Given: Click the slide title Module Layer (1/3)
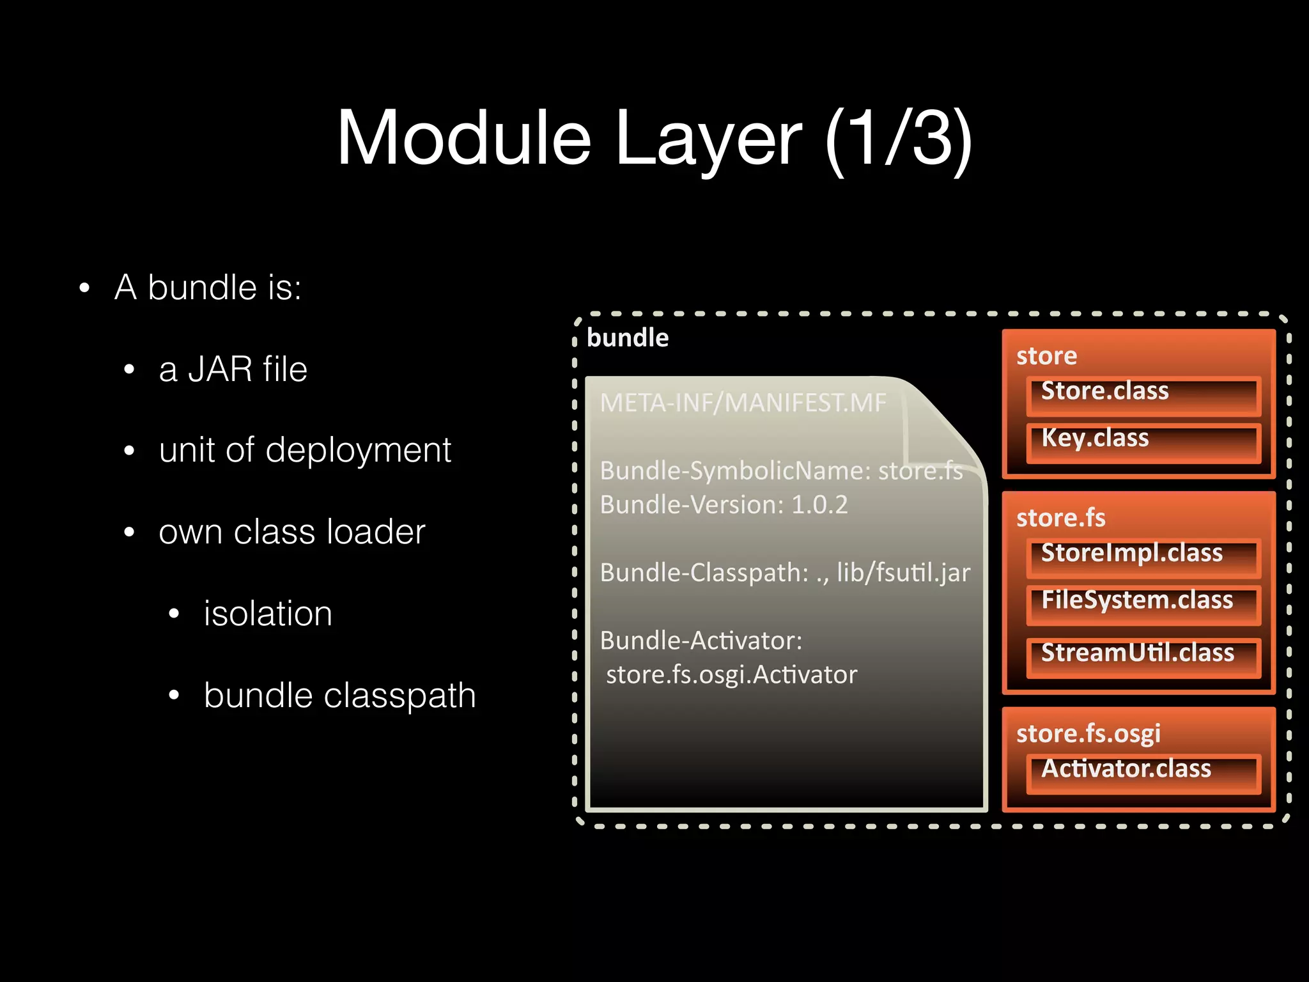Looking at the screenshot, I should point(654,137).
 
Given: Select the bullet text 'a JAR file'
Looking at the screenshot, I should point(233,369).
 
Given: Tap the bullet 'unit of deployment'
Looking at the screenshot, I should point(305,450).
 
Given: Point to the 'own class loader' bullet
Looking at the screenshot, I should point(291,532).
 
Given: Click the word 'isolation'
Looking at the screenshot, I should point(268,614).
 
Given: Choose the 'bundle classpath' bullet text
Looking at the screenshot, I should point(339,696).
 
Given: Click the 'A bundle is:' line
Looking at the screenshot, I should point(208,287).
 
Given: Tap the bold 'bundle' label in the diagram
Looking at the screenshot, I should point(627,338).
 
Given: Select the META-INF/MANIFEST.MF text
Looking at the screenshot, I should point(743,403).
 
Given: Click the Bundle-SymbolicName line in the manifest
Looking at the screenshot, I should point(780,471).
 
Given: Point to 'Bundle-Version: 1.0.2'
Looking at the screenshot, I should point(724,505).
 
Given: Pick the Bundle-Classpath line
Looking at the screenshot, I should point(784,573).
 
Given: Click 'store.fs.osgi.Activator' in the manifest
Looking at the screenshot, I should point(731,675).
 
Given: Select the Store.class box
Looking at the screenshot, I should point(1143,396).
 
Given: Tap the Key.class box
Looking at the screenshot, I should point(1143,442).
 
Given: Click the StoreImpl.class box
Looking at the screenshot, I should point(1143,557).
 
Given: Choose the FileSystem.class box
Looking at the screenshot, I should point(1143,604).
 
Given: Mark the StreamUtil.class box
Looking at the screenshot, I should point(1143,657).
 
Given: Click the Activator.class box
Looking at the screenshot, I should point(1143,774).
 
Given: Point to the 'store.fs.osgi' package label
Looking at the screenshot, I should point(1088,733).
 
